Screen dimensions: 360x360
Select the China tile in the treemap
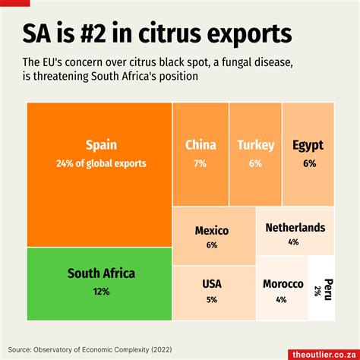coord(201,152)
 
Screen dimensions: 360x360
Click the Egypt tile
coord(308,152)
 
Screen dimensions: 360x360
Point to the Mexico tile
coord(212,236)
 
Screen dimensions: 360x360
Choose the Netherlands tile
coord(295,234)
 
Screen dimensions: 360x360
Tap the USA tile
coord(212,291)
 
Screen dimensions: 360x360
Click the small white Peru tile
coord(321,291)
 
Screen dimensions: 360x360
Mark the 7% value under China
coord(201,163)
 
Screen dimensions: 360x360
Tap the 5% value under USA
coord(212,299)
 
